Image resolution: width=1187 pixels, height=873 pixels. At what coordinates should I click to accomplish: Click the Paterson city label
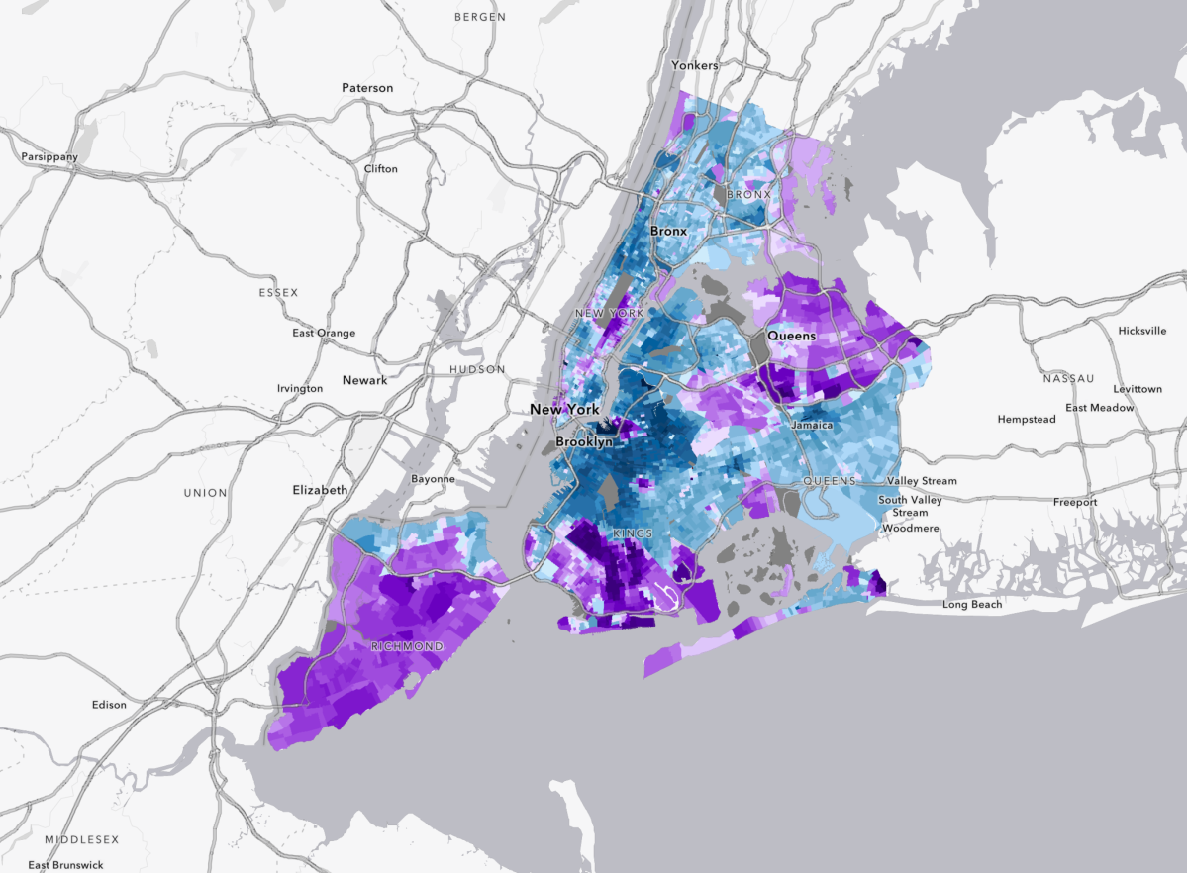(x=367, y=88)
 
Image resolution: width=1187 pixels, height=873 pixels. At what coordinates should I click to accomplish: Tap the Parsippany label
(x=49, y=157)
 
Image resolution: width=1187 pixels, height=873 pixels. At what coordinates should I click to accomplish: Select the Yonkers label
(x=695, y=65)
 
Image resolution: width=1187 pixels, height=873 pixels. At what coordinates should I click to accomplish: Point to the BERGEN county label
(x=480, y=17)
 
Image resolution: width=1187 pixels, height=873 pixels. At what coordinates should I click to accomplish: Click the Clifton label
(x=381, y=169)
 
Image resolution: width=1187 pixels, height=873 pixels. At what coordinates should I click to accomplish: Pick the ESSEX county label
(x=278, y=293)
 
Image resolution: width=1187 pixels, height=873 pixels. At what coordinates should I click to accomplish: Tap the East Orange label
(x=324, y=334)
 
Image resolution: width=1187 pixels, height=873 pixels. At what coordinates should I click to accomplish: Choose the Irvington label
(x=300, y=389)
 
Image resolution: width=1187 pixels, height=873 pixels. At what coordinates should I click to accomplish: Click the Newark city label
(x=365, y=380)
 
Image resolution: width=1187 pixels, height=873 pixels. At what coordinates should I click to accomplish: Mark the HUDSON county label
(x=477, y=370)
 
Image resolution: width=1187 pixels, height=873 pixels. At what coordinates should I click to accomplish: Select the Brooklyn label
(x=584, y=442)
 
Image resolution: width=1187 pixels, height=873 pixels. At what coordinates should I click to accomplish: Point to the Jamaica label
(x=812, y=426)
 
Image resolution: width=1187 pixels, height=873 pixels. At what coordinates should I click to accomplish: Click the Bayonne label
(x=434, y=479)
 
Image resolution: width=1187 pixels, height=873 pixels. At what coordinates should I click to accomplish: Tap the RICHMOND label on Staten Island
(x=407, y=646)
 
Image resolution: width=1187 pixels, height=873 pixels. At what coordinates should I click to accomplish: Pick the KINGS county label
(x=633, y=534)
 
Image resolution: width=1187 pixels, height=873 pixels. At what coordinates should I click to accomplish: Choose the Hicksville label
(x=1142, y=331)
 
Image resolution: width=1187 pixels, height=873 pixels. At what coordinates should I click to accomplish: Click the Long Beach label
(x=972, y=604)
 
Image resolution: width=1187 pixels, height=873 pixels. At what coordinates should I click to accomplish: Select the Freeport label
(x=1075, y=503)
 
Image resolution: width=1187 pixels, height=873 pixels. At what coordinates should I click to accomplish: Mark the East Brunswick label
(x=65, y=866)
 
